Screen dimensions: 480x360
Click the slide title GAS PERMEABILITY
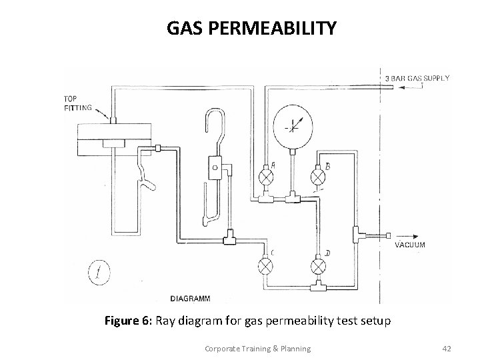[252, 29]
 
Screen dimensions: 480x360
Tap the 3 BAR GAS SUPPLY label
[417, 78]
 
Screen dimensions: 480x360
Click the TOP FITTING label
[75, 103]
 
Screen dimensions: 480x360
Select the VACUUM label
[410, 245]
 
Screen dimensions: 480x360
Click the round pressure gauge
[292, 127]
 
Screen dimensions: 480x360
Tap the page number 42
[447, 348]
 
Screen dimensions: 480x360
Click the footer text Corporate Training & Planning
[252, 348]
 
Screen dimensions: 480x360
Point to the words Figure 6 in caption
[129, 321]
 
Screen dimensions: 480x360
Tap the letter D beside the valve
[327, 253]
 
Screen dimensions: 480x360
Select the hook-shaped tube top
[213, 117]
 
